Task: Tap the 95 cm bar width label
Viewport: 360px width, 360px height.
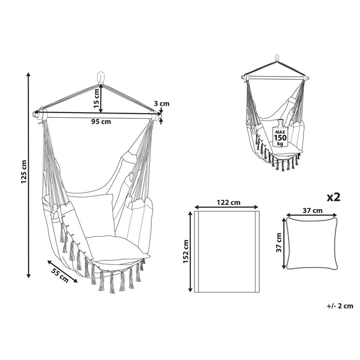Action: [x=101, y=122]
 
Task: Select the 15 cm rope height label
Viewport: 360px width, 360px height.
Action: [x=96, y=96]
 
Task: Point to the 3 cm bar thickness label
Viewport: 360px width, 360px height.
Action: [x=162, y=104]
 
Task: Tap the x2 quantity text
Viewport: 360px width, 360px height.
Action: [x=334, y=197]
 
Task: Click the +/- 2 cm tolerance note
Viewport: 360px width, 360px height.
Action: [x=340, y=305]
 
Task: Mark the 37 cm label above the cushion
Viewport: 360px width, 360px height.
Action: [x=312, y=210]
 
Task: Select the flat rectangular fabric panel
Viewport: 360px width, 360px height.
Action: [x=227, y=251]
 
